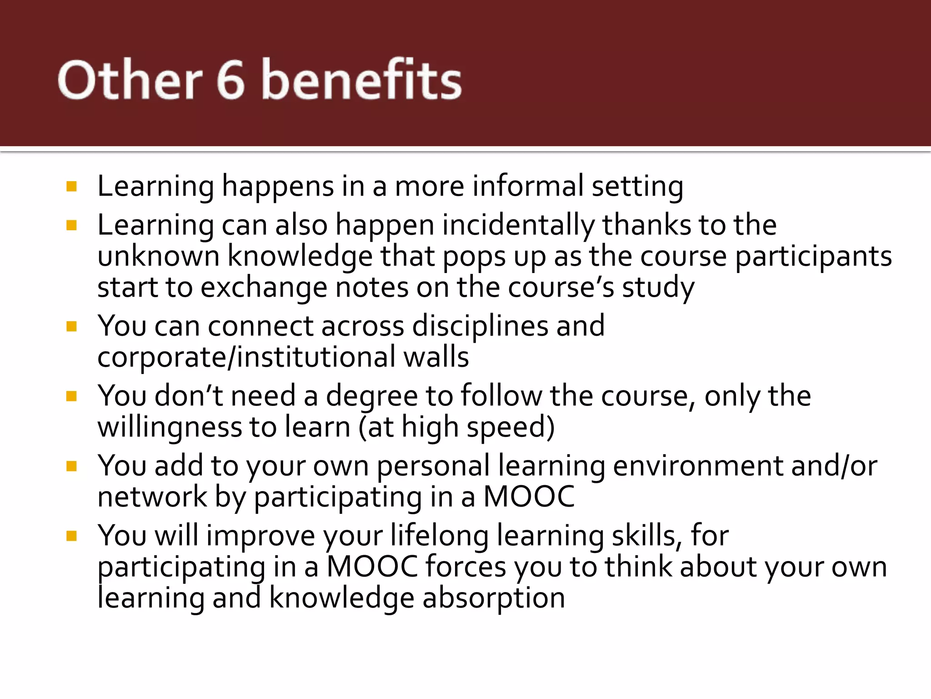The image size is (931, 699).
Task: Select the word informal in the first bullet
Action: coord(528,187)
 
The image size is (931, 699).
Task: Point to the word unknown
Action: coord(158,256)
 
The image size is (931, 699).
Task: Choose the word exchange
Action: coord(264,288)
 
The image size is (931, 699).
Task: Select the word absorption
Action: coord(494,598)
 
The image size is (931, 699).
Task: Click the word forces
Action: coord(465,567)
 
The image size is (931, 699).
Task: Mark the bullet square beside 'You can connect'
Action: coord(71,326)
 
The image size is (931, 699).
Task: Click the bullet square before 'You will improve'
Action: coord(71,536)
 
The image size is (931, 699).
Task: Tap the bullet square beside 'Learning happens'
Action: coord(71,187)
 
